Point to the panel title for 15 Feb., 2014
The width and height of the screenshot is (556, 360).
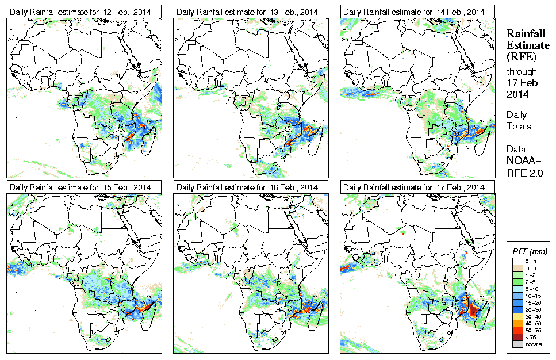[x=80, y=187]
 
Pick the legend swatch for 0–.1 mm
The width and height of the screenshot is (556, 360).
[x=517, y=261]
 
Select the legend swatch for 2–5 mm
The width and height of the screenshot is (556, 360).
[x=517, y=282]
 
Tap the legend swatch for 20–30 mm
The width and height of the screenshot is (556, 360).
[x=517, y=309]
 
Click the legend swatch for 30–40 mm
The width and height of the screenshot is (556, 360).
[x=517, y=316]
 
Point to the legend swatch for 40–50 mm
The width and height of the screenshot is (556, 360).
[x=517, y=323]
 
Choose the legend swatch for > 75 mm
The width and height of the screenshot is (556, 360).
[x=517, y=337]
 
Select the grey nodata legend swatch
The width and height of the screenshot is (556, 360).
[x=517, y=344]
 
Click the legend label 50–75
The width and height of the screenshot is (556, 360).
[x=534, y=330]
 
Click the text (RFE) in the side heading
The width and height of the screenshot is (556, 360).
[x=521, y=56]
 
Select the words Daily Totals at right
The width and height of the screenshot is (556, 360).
[x=518, y=120]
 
